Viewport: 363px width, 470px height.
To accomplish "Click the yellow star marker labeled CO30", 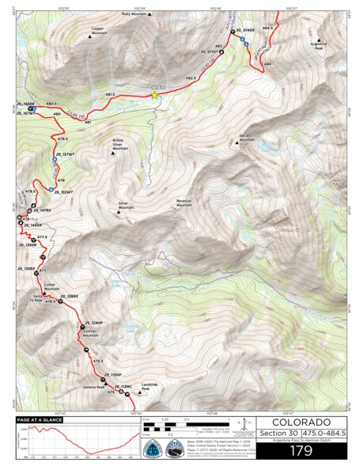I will [x=155, y=96].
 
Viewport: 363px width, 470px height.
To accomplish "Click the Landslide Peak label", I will [x=140, y=389].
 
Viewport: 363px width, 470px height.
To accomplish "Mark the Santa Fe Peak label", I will [x=36, y=298].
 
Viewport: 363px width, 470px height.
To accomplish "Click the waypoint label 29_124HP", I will [x=92, y=324].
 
